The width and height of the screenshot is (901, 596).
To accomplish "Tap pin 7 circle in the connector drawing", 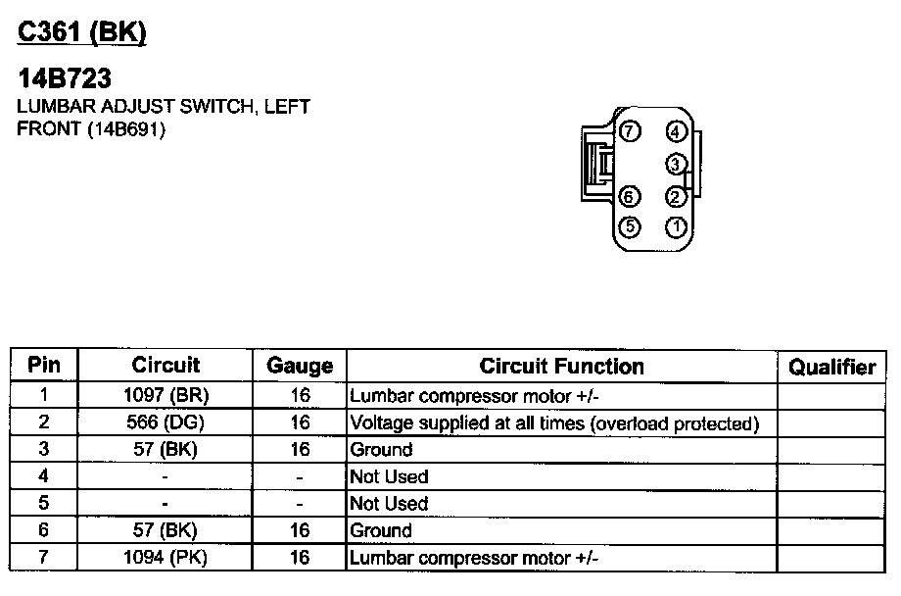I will coord(630,131).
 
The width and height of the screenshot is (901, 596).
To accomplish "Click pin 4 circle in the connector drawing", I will coord(677,132).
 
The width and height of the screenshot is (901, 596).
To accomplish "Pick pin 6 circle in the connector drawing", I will coord(630,196).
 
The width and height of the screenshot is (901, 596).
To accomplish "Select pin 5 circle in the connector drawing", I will coord(630,227).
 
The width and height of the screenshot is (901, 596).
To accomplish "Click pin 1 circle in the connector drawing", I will coord(677,227).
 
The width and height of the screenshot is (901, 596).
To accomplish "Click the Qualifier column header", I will coord(832,367).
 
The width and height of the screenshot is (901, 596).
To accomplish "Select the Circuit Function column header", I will coord(562,367).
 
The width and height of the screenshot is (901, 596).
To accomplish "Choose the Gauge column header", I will coord(300,367).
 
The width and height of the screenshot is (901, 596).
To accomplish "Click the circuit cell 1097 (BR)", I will coord(166,396).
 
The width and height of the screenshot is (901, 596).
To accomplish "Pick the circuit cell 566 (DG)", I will coord(166,423).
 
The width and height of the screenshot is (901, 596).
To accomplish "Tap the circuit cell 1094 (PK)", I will coord(166,558).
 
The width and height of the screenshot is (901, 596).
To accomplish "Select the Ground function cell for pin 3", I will coord(382,450).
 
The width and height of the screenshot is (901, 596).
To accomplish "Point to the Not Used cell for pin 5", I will coord(390,504).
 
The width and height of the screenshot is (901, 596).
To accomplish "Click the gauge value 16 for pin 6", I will coord(300,530).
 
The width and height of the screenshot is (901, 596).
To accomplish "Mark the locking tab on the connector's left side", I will coord(594,163).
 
